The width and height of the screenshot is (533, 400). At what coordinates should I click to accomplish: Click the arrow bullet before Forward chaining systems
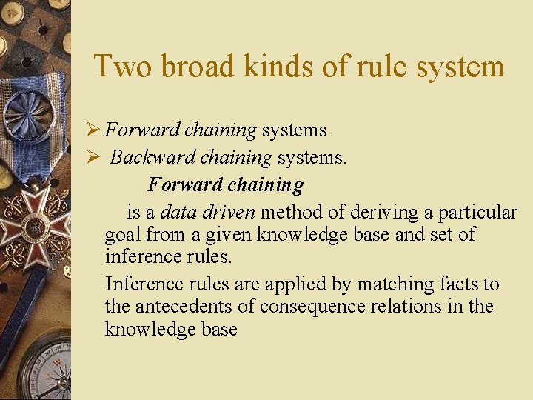(93, 130)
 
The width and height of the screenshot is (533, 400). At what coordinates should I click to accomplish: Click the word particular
(477, 213)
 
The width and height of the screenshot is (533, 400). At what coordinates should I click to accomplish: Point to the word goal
(123, 236)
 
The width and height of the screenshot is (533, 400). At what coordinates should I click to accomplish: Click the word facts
(460, 284)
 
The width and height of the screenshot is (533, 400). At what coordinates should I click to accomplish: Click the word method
(292, 213)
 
